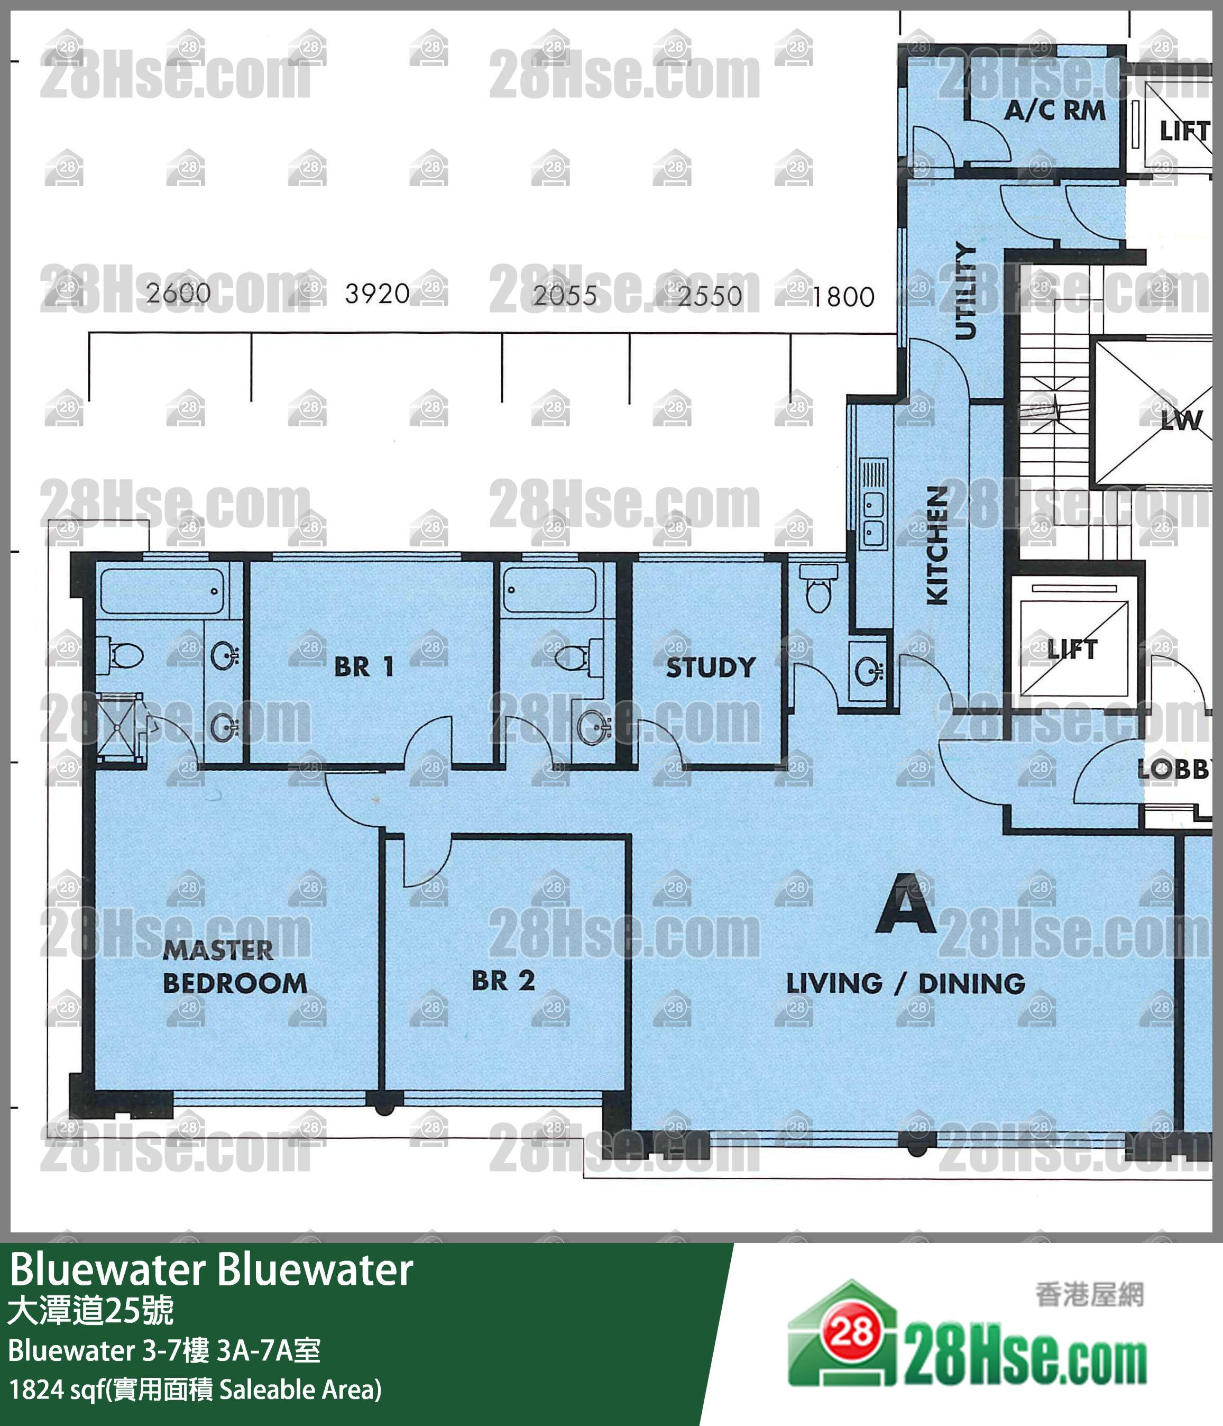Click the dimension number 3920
pyautogui.click(x=377, y=294)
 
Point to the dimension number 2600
pyautogui.click(x=178, y=293)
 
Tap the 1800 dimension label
pyautogui.click(x=843, y=297)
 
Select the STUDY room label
pyautogui.click(x=711, y=667)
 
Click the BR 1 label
pyautogui.click(x=364, y=666)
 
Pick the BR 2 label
pyautogui.click(x=503, y=981)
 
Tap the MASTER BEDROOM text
pyautogui.click(x=234, y=967)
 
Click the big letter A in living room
pyautogui.click(x=905, y=905)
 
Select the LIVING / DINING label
pyautogui.click(x=905, y=983)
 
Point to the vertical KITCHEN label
pyautogui.click(x=937, y=545)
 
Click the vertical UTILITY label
pyautogui.click(x=965, y=290)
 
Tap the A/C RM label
pyautogui.click(x=1054, y=110)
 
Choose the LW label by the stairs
pyautogui.click(x=1181, y=421)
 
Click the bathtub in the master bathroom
pyautogui.click(x=162, y=590)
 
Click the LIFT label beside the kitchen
pyautogui.click(x=1072, y=648)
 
